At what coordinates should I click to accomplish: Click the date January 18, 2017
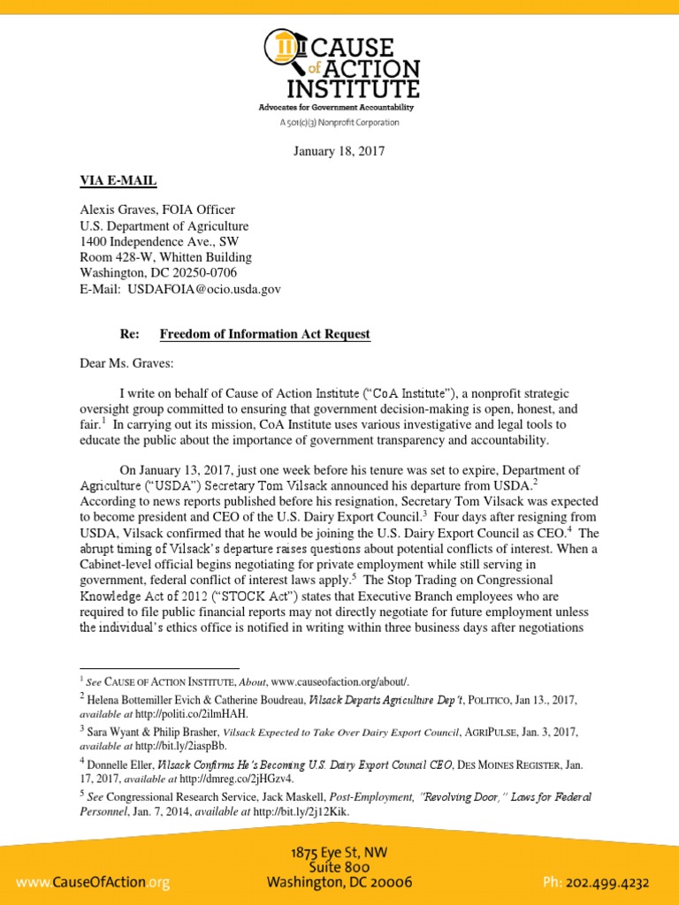[x=339, y=151]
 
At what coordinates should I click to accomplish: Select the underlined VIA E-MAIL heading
[x=118, y=180]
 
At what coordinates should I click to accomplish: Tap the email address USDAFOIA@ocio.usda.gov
[x=205, y=289]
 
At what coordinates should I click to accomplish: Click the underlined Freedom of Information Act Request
[x=264, y=334]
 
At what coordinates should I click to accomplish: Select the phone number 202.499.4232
[x=616, y=882]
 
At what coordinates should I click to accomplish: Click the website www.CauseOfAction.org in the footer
[x=86, y=882]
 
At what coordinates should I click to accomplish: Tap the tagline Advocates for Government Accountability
[x=336, y=107]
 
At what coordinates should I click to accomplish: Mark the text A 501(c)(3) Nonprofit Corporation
[x=339, y=123]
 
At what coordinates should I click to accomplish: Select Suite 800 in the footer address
[x=339, y=867]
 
